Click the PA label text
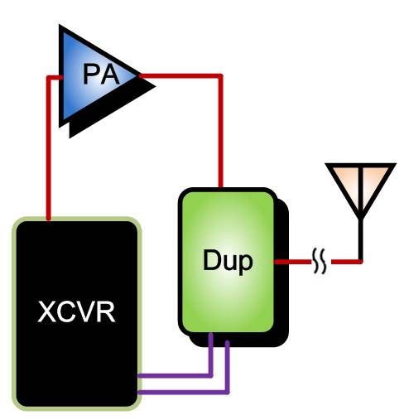101,74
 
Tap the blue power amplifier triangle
94,75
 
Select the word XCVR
76,311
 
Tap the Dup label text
228,261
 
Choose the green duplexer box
228,261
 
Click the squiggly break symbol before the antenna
320,261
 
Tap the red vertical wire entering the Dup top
220,131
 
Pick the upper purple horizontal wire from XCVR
175,375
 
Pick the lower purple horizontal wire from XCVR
183,392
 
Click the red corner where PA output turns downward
220,76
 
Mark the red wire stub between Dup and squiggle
293,262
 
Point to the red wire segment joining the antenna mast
346,262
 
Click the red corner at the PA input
49,78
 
